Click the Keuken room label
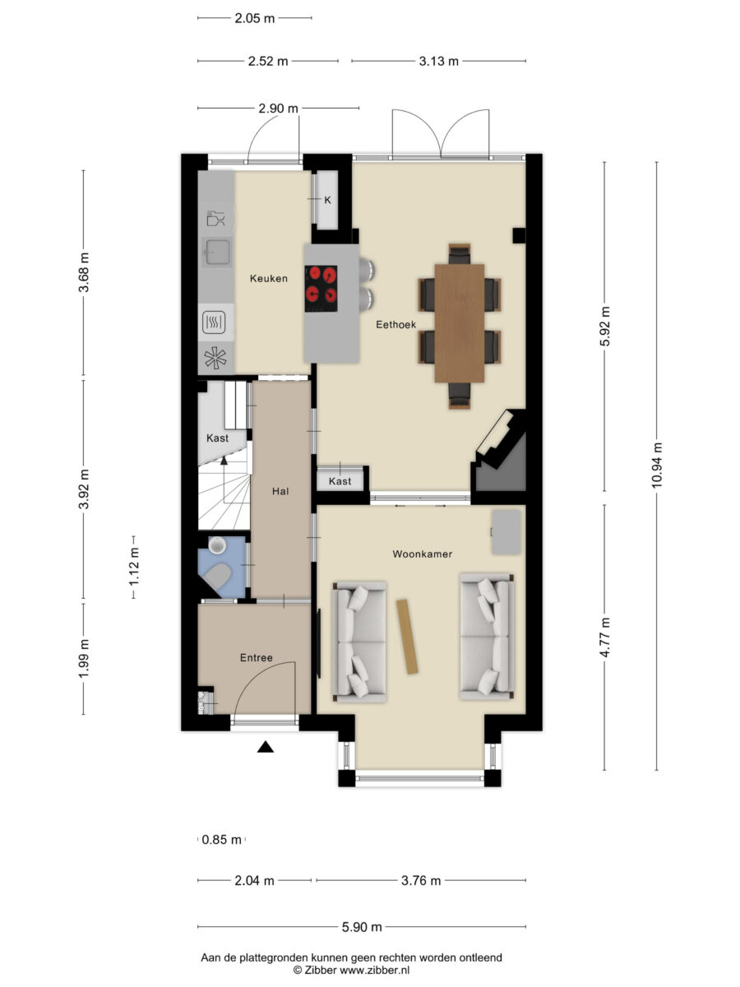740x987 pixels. click(269, 279)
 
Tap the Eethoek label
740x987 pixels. click(395, 325)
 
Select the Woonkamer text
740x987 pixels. click(423, 554)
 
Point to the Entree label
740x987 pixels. click(256, 658)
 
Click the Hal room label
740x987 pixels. click(280, 492)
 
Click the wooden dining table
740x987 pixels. click(459, 323)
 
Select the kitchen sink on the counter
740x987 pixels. click(217, 252)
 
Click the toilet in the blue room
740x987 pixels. click(217, 577)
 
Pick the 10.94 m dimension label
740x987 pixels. click(656, 466)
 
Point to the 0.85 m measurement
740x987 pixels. click(221, 840)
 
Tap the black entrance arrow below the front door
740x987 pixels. click(266, 747)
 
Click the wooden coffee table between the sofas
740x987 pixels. click(407, 637)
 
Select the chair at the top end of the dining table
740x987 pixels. click(459, 254)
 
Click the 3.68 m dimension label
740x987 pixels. click(84, 272)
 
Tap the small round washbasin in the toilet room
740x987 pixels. click(217, 545)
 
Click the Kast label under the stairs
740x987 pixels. click(217, 438)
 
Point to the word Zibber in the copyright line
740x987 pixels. click(321, 971)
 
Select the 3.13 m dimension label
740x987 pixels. click(438, 61)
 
